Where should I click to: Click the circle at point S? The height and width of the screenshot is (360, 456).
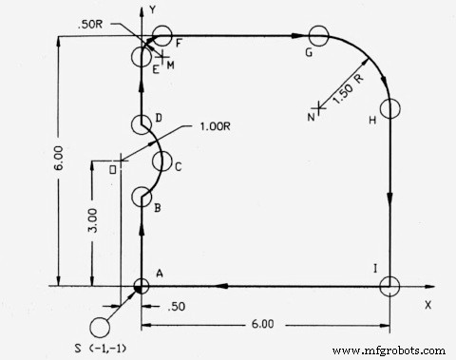point(98,328)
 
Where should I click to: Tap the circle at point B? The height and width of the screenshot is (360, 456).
point(141,197)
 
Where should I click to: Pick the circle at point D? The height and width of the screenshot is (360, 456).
point(141,123)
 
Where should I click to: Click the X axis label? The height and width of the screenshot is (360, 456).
point(427,305)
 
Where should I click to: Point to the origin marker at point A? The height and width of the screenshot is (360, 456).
point(141,285)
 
